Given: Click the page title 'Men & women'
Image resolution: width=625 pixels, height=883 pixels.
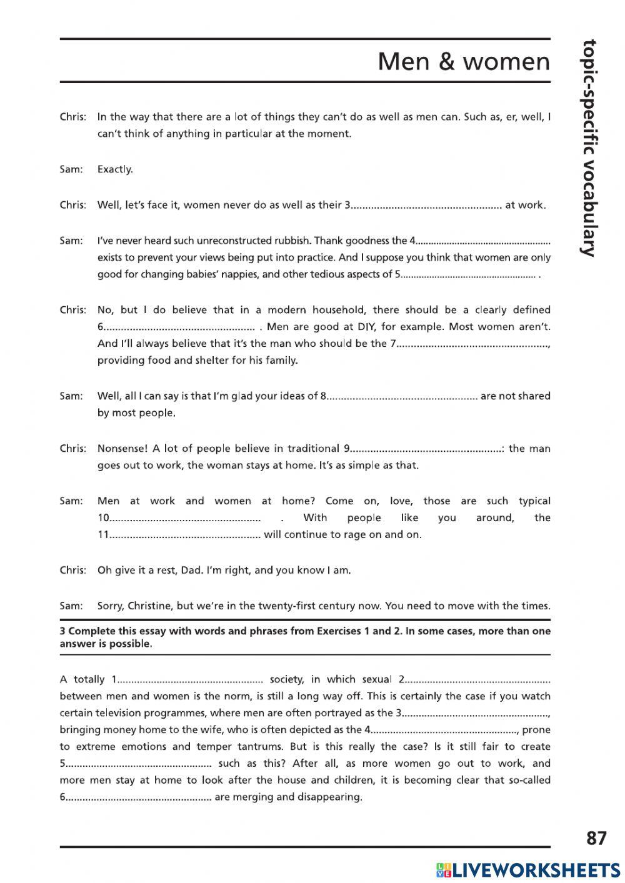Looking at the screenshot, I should (x=464, y=62).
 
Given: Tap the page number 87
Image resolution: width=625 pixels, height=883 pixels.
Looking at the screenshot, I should (x=596, y=838).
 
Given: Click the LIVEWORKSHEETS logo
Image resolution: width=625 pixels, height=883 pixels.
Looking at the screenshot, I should (x=528, y=870).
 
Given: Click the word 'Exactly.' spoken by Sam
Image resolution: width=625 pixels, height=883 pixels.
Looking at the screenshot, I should (x=115, y=169).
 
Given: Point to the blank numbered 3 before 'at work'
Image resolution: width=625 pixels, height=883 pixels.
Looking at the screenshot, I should (x=426, y=205).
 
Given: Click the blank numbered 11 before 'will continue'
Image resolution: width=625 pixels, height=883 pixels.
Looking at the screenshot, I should (x=185, y=535).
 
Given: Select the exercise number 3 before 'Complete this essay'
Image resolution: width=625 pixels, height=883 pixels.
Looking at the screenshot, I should (x=62, y=631).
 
